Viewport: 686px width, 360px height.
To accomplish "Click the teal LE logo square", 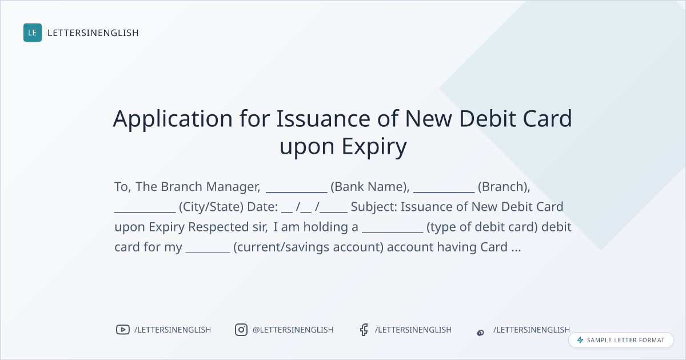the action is [33, 33].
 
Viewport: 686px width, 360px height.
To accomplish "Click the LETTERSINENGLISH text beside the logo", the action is [93, 33].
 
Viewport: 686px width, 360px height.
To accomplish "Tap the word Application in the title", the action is [173, 119].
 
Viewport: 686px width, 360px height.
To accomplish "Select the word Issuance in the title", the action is [324, 118].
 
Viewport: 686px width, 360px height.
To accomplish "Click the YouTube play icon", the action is [123, 330].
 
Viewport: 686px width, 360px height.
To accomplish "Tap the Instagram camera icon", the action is [241, 330].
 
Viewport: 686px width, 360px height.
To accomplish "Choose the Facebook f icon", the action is [364, 330].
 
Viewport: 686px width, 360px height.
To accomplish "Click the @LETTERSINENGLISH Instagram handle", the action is [293, 330].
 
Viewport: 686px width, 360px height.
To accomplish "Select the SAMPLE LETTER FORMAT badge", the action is [621, 340].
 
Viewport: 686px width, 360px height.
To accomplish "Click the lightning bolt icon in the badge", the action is [580, 340].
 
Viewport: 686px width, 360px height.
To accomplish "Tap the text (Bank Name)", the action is [370, 187].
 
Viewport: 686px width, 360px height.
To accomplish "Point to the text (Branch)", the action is [504, 187].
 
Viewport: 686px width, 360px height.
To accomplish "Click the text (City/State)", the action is [212, 207].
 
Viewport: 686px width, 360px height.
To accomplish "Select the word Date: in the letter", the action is [262, 207].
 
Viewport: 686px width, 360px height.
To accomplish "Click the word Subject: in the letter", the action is [374, 207].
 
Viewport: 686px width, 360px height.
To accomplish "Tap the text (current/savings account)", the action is [308, 247].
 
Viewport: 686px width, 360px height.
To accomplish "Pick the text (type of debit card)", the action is [482, 227].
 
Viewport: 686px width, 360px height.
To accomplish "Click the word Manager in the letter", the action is [233, 187].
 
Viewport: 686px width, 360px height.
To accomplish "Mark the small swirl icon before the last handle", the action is [481, 333].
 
